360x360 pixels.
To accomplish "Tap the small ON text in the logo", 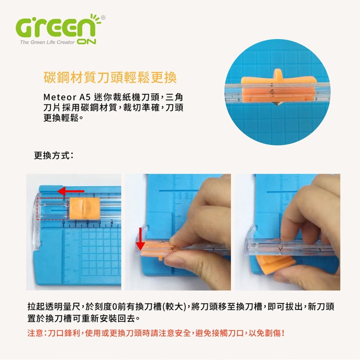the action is pos(86,42).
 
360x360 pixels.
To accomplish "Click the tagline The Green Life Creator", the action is pos(47,42).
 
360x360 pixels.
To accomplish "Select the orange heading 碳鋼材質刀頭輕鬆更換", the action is pos(110,77).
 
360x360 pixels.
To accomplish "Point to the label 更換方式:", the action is pos(53,155).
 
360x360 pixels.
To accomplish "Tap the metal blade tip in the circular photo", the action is pos(278,104).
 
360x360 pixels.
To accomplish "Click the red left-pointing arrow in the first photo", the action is pos(71,191).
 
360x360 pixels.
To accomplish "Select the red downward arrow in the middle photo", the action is pos(140,239).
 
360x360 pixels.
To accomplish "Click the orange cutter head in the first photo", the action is pos(84,208).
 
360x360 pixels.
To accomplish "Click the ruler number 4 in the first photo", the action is pos(112,223).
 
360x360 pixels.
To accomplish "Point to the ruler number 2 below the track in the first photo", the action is pos(87,223).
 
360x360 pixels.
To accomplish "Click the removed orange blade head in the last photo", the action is pos(275,263).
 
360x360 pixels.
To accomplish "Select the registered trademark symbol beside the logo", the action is pos(103,17).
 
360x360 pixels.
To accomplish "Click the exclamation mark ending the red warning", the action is pos(283,333).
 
